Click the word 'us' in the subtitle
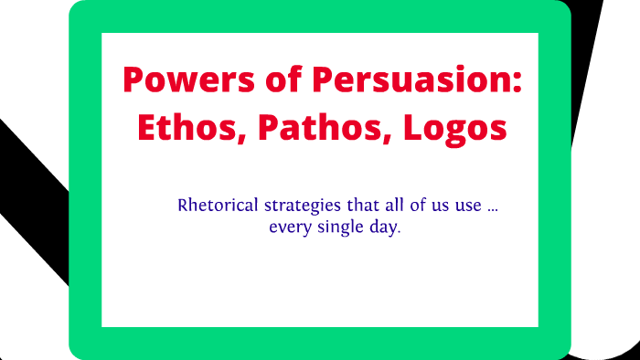click(421, 206)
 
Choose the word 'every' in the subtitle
click(288, 227)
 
